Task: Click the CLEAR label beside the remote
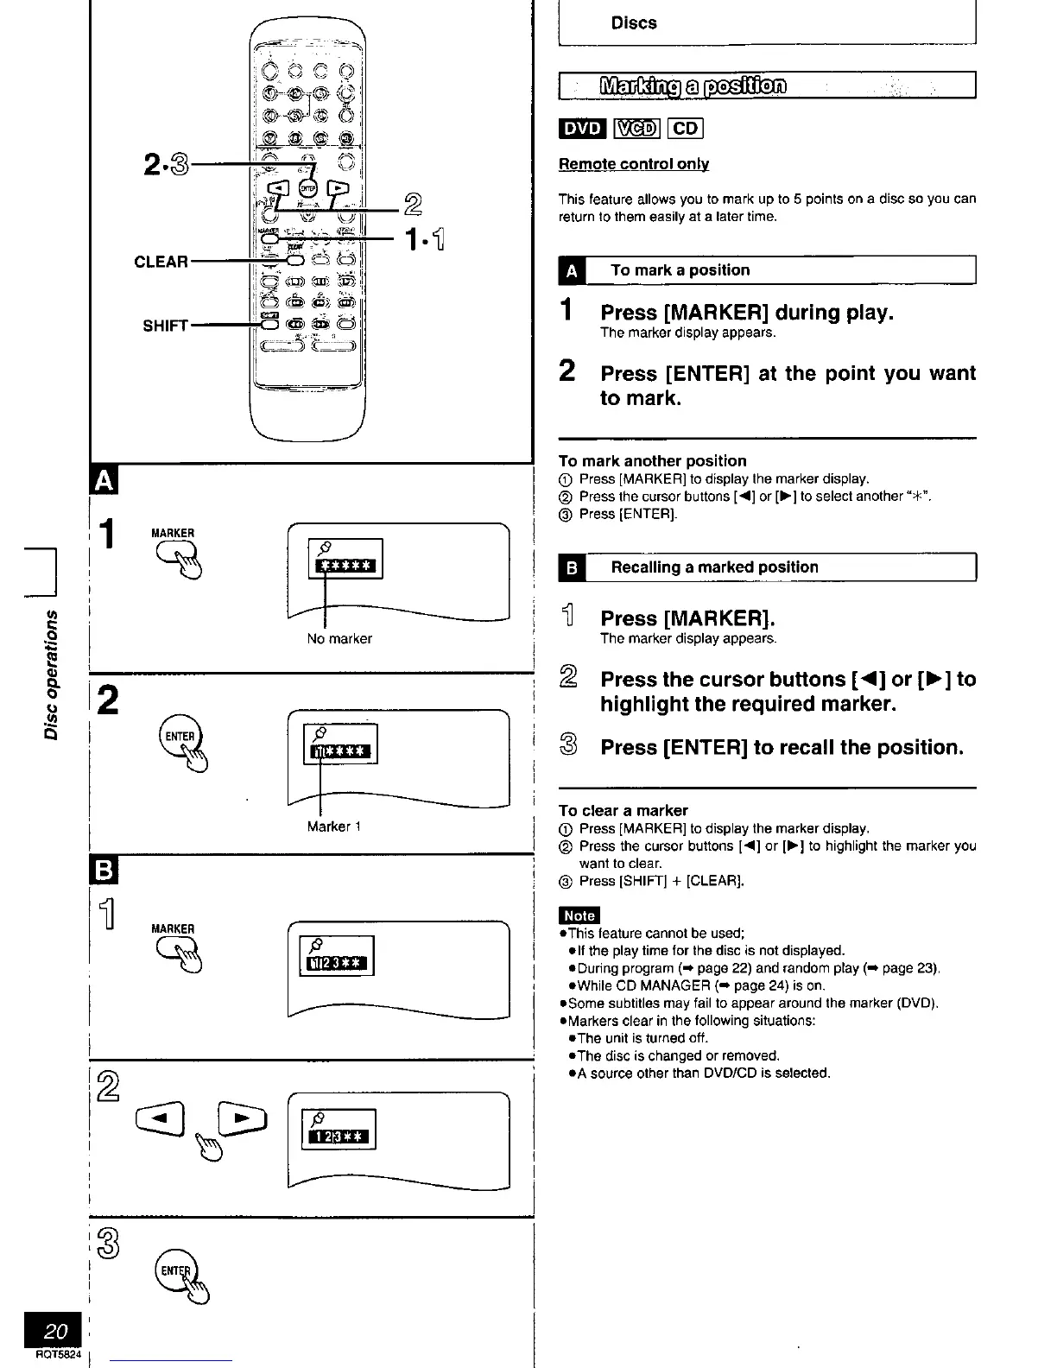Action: pyautogui.click(x=161, y=261)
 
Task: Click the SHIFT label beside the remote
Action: pyautogui.click(x=165, y=326)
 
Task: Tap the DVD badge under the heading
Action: pyautogui.click(x=581, y=129)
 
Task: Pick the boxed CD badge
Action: pyautogui.click(x=687, y=129)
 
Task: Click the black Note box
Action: pyautogui.click(x=579, y=915)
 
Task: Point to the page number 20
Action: pyautogui.click(x=55, y=1331)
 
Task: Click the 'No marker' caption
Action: pyautogui.click(x=339, y=639)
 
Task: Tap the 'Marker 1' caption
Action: pyautogui.click(x=333, y=826)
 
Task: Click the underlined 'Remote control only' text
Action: pyautogui.click(x=634, y=164)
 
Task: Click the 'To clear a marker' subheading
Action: pyautogui.click(x=623, y=810)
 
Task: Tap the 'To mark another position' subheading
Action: pyautogui.click(x=652, y=461)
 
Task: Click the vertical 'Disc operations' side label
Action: pyautogui.click(x=53, y=674)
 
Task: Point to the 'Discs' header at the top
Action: pyautogui.click(x=633, y=23)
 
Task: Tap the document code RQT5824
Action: pyautogui.click(x=59, y=1356)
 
